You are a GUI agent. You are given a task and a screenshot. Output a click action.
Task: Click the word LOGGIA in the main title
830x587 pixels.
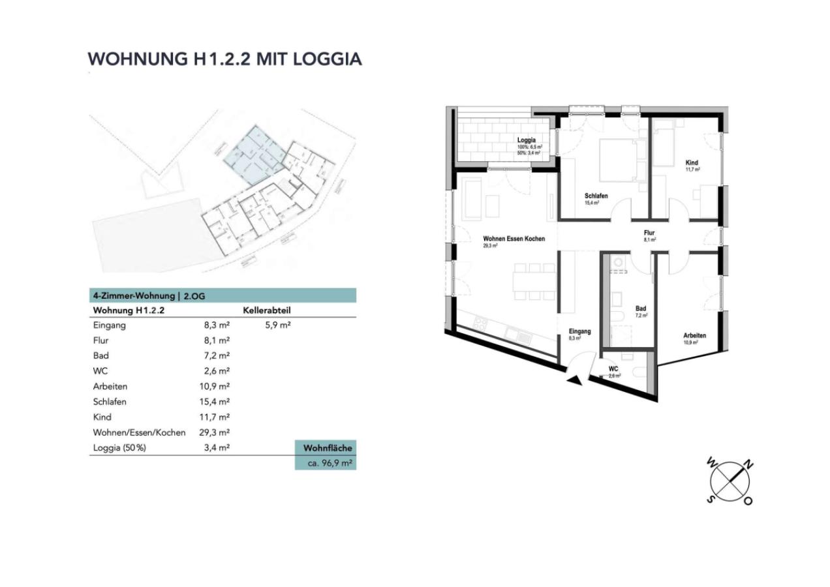tap(327, 59)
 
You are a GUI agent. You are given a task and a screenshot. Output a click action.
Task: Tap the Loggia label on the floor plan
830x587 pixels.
tap(526, 140)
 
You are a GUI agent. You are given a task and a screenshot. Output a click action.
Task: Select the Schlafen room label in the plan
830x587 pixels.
tap(596, 196)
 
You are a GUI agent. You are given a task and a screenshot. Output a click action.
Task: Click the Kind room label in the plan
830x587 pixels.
tap(691, 162)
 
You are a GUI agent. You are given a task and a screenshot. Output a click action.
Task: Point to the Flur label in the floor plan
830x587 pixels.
tap(649, 233)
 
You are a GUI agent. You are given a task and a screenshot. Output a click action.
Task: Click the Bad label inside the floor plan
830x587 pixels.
tap(641, 309)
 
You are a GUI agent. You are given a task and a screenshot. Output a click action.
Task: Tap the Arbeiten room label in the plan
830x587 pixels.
tap(694, 336)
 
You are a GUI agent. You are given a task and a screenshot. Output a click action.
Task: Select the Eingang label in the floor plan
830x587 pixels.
tap(579, 331)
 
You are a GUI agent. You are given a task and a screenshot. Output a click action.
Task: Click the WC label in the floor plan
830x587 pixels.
tap(613, 369)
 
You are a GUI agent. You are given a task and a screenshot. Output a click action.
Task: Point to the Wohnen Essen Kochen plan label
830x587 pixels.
tap(514, 239)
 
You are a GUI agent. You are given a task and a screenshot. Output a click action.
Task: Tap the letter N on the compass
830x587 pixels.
tap(749, 465)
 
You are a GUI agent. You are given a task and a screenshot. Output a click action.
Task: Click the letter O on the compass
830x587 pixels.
tap(748, 501)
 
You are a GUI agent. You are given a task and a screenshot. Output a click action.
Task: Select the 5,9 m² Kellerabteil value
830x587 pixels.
tap(278, 325)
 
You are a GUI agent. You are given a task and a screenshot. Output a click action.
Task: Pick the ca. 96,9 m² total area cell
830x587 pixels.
tap(326, 464)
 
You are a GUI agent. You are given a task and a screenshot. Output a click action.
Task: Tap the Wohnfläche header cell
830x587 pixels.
tap(326, 448)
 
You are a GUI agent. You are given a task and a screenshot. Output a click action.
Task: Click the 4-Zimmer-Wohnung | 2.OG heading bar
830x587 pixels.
tap(223, 295)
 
